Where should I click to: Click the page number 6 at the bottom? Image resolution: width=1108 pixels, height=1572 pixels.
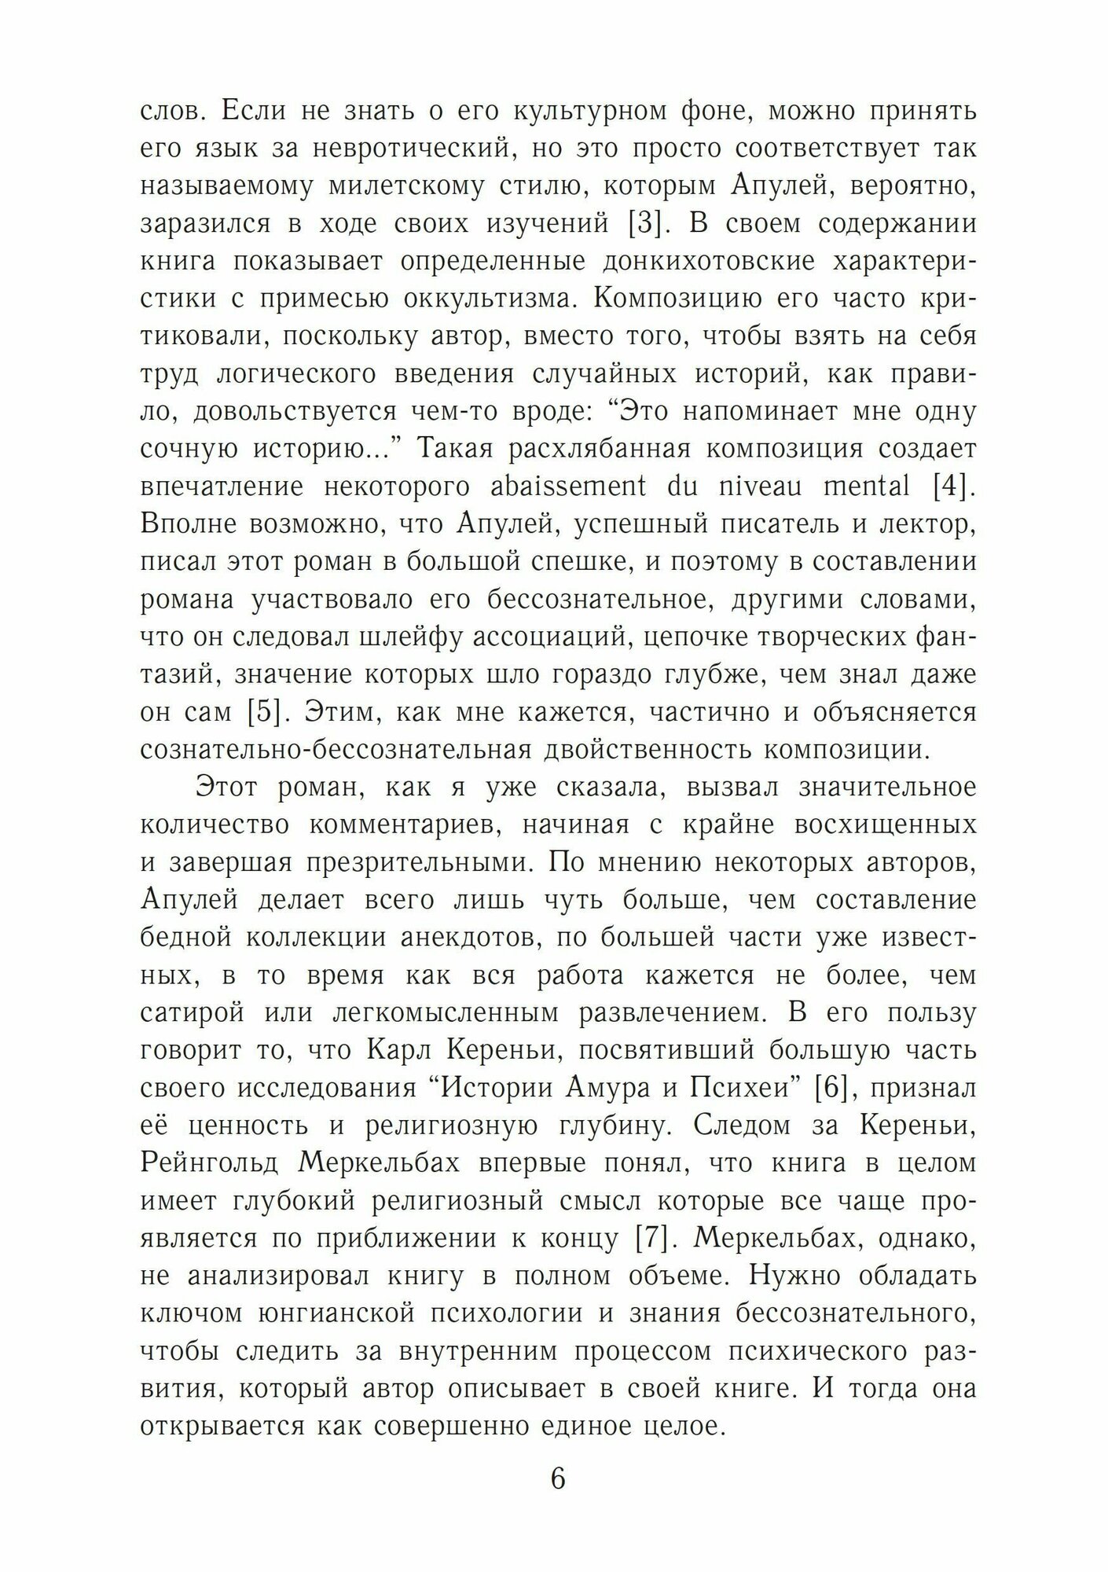[558, 1478]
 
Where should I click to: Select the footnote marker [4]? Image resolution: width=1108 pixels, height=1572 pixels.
[954, 487]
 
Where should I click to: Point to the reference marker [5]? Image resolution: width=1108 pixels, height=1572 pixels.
[265, 712]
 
